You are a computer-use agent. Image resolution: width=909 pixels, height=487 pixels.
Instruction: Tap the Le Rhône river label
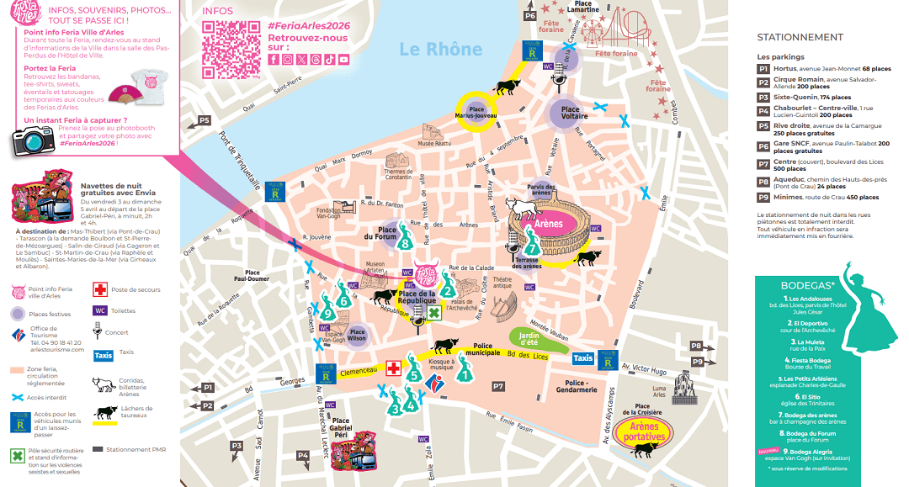[441, 49]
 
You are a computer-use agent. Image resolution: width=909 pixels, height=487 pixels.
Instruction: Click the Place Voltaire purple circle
[570, 114]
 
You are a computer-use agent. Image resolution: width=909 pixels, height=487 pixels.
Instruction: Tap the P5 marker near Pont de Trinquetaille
[205, 120]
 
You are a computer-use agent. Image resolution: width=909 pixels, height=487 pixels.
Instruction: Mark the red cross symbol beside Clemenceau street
[393, 368]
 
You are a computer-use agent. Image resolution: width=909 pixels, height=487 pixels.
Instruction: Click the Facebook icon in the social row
[274, 59]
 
